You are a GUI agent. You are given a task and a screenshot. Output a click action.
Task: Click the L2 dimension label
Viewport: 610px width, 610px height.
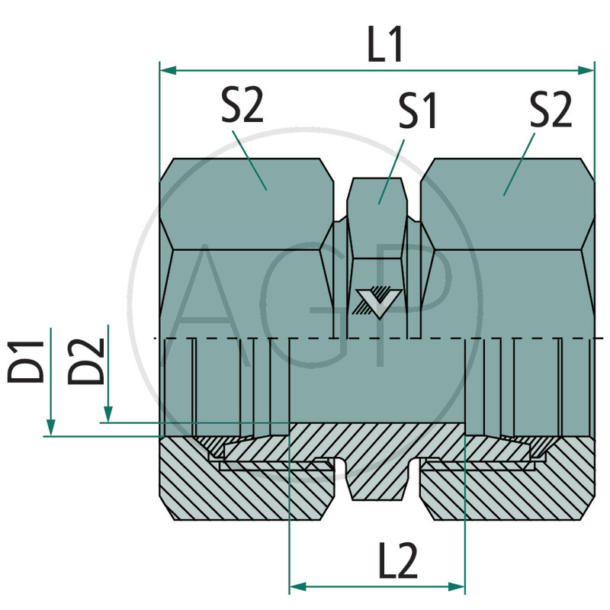point(396,562)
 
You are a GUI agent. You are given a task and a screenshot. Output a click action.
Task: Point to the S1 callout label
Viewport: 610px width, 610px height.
point(417,111)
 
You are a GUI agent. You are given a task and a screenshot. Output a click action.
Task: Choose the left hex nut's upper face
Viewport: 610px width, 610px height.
point(246,202)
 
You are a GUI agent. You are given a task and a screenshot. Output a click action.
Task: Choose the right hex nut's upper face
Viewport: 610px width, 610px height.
point(507,202)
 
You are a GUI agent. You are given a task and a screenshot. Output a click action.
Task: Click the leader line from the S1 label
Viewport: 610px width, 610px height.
point(393,168)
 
